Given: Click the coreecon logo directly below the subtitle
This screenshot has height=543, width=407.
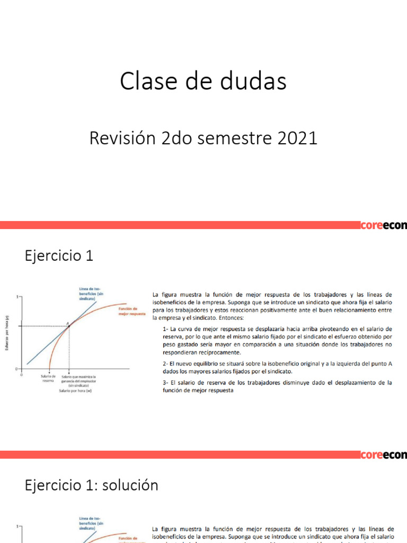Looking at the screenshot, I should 383,225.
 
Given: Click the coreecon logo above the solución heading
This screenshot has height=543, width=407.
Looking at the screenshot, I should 383,455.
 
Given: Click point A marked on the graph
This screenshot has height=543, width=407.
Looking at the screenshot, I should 68,325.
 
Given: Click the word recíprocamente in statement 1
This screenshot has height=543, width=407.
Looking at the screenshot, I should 202,352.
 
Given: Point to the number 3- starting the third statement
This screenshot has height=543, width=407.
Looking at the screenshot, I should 166,382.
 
